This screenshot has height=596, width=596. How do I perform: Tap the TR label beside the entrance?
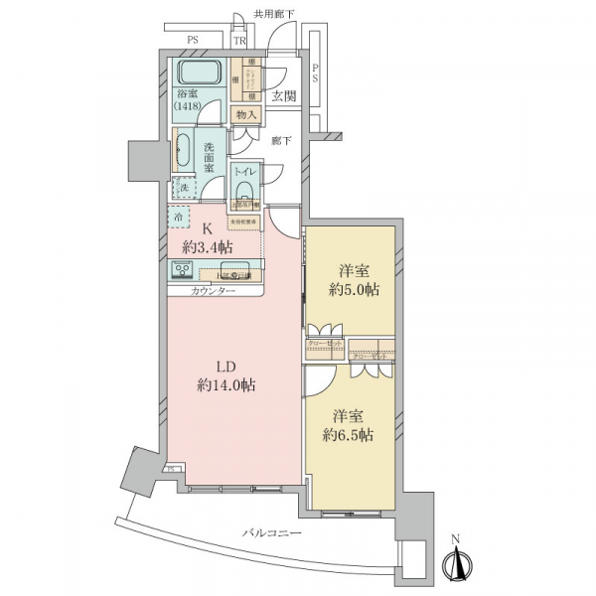coord(240,41)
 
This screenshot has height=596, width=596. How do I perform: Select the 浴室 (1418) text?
coord(189,100)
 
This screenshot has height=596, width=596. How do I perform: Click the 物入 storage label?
coord(245,114)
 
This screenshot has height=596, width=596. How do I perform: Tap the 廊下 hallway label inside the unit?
coord(281,141)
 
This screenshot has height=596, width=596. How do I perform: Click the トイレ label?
coord(244,171)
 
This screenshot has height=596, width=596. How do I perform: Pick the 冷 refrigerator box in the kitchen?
coord(179,216)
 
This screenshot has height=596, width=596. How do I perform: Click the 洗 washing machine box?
coord(184,187)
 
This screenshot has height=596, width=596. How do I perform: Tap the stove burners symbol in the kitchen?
coord(184,269)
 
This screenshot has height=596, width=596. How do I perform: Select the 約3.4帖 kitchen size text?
coord(213,245)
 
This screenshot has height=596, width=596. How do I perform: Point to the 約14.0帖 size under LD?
coord(226,385)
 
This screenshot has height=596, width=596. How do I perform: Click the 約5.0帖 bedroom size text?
coord(354,290)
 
